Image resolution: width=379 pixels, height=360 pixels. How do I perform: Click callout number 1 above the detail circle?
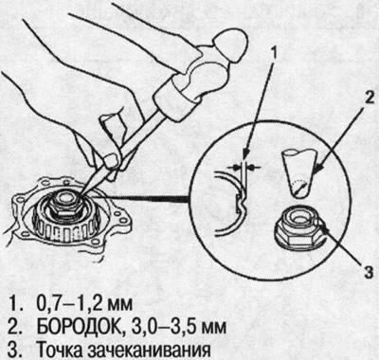coord(274,54)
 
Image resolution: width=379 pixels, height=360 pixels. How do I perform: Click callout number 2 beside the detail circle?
coord(368,98)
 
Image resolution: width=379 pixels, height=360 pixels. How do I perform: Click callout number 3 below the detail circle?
coord(369,271)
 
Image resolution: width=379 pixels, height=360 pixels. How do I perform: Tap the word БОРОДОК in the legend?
coord(77,327)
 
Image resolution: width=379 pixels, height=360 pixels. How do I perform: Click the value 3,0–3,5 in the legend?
coord(154,327)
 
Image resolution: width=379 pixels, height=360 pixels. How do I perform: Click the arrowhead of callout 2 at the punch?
coord(316,171)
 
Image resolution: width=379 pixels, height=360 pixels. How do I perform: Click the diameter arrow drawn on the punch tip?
coord(298,189)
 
